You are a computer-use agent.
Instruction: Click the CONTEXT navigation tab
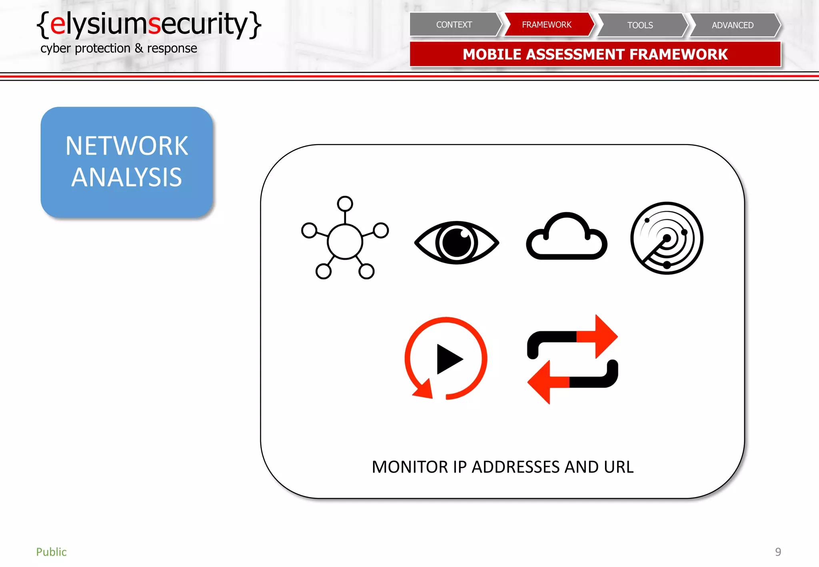point(454,25)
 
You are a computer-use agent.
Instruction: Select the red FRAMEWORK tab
point(546,25)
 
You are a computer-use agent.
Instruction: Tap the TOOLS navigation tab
point(640,25)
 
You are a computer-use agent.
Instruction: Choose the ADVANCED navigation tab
point(732,25)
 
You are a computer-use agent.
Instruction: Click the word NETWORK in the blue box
point(126,146)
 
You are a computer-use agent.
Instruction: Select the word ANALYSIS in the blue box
point(126,177)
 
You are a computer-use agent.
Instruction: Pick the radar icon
point(667,238)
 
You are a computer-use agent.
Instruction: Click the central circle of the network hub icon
point(345,242)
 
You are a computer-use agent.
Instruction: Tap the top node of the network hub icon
point(345,204)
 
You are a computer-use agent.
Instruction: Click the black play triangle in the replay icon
point(448,359)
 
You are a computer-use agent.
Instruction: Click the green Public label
point(51,552)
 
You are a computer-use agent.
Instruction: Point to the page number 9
point(778,552)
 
